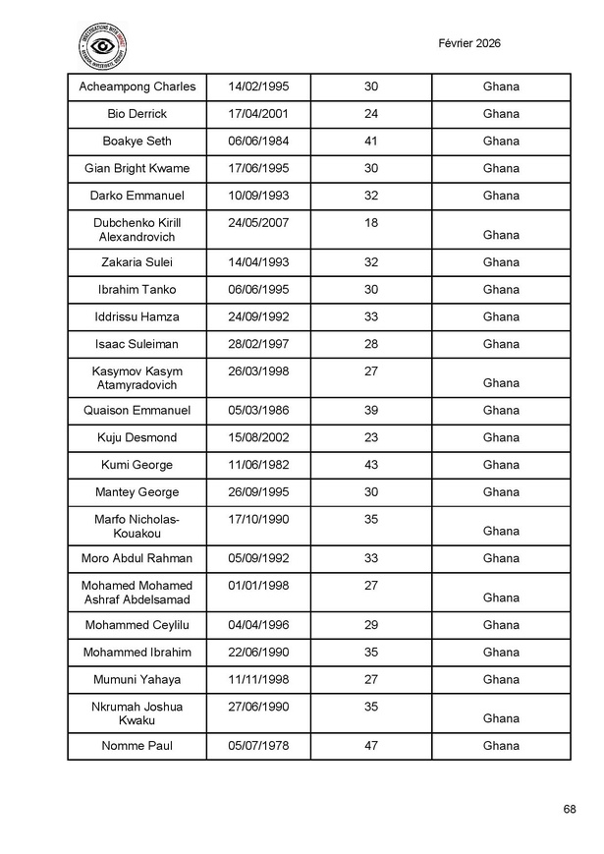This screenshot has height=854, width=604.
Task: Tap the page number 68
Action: pyautogui.click(x=570, y=809)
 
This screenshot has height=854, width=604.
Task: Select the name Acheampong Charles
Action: pyautogui.click(x=137, y=86)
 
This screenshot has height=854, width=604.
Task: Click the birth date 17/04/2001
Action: pyautogui.click(x=258, y=114)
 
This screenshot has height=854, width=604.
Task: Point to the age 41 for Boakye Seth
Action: pyautogui.click(x=371, y=142)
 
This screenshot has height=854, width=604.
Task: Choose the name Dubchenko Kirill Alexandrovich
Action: pyautogui.click(x=137, y=230)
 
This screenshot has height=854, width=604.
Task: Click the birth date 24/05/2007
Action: pyautogui.click(x=258, y=223)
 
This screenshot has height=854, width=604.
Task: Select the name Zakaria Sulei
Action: pyautogui.click(x=137, y=262)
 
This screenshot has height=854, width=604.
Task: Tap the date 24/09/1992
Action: pyautogui.click(x=258, y=317)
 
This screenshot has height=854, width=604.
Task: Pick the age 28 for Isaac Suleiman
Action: pyautogui.click(x=371, y=345)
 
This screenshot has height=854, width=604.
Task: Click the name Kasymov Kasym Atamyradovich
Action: pyautogui.click(x=137, y=378)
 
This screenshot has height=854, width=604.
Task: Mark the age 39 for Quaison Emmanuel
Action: pyautogui.click(x=371, y=411)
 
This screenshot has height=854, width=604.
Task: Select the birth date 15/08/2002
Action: pyautogui.click(x=258, y=438)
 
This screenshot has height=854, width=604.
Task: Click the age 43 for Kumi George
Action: pyautogui.click(x=371, y=465)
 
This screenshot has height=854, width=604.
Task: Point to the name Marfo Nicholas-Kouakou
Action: pyautogui.click(x=137, y=527)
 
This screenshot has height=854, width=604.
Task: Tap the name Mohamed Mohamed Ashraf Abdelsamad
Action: pyautogui.click(x=137, y=593)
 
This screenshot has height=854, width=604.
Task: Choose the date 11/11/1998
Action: pyautogui.click(x=258, y=680)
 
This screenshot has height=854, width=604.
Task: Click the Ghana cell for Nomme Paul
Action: pyautogui.click(x=501, y=746)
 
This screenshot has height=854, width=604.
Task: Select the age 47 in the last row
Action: pyautogui.click(x=371, y=746)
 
